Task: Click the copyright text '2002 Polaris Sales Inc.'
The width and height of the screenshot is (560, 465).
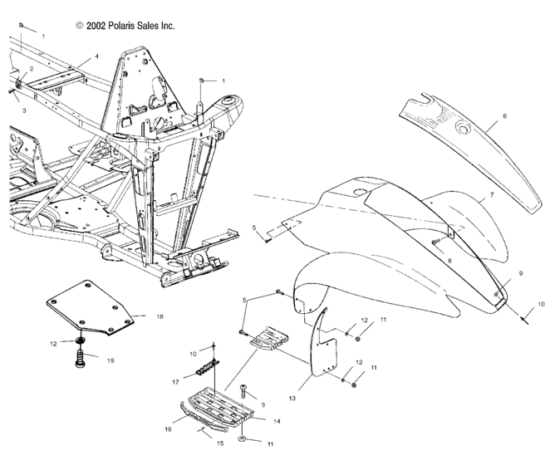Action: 130,26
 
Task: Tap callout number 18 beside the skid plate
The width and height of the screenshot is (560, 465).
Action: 160,316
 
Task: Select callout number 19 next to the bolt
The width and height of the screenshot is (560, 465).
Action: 111,360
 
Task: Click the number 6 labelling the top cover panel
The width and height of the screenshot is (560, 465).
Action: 504,116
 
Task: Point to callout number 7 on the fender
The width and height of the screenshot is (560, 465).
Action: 492,195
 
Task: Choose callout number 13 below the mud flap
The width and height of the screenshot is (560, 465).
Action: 292,399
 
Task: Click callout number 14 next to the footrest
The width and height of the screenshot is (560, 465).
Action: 277,421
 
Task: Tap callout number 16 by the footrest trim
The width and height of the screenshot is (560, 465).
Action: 168,429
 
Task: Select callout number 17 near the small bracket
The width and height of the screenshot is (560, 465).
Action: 175,382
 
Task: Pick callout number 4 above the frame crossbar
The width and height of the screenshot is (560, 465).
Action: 96,56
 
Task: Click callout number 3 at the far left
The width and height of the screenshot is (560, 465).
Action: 24,110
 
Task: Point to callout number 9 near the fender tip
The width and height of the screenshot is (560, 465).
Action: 521,273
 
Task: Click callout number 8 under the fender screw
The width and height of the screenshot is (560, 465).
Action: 449,261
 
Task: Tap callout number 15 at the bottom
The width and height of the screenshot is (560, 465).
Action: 220,443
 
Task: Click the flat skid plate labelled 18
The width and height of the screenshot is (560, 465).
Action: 90,307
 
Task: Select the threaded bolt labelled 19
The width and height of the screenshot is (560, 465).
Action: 81,358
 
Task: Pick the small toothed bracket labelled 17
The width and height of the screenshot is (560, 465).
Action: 207,367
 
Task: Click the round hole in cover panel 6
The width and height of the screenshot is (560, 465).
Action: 464,127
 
